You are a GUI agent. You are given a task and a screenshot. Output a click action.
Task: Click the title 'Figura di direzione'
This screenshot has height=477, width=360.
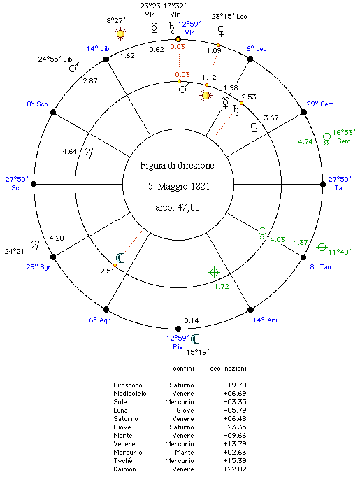tap(177, 166)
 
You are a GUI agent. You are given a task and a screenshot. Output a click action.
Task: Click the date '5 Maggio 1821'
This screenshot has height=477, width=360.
tap(179, 186)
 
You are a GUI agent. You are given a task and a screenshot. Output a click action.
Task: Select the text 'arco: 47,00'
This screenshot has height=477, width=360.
tap(178, 208)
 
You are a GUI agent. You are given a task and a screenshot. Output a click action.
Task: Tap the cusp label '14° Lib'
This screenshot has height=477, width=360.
tap(98, 49)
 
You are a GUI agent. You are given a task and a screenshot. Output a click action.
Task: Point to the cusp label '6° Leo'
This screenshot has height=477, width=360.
tap(257, 49)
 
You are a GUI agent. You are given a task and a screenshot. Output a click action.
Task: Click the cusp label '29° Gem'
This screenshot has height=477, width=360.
tap(320, 104)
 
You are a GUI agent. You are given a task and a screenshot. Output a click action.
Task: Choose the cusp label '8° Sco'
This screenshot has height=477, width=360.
tap(37, 104)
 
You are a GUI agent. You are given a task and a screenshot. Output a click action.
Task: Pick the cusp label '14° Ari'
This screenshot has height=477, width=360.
tap(265, 320)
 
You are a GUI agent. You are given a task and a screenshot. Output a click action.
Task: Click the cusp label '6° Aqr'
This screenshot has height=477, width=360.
tap(100, 320)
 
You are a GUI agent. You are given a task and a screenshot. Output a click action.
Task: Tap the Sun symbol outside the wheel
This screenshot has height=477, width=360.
tap(120, 34)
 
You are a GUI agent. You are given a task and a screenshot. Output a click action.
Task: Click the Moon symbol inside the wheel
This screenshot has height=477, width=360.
tap(120, 258)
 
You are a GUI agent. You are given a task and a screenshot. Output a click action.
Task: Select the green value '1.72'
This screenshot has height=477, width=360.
tap(222, 287)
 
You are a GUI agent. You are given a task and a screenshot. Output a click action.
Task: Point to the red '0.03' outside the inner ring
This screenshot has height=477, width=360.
tap(178, 47)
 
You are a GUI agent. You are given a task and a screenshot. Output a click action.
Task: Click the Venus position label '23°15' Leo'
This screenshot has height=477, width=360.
tap(229, 17)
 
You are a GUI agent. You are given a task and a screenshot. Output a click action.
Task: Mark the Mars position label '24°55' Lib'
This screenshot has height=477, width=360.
tap(55, 59)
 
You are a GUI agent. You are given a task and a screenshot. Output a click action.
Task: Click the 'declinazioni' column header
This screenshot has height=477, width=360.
tap(228, 369)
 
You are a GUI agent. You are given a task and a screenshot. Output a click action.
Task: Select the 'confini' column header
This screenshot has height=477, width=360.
tap(183, 369)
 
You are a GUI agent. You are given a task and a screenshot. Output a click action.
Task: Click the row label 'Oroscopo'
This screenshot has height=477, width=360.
tap(128, 385)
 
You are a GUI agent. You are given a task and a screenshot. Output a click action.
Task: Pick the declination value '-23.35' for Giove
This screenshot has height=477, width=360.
tap(235, 427)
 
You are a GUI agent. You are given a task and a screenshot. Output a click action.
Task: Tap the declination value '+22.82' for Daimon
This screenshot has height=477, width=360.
tap(235, 469)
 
